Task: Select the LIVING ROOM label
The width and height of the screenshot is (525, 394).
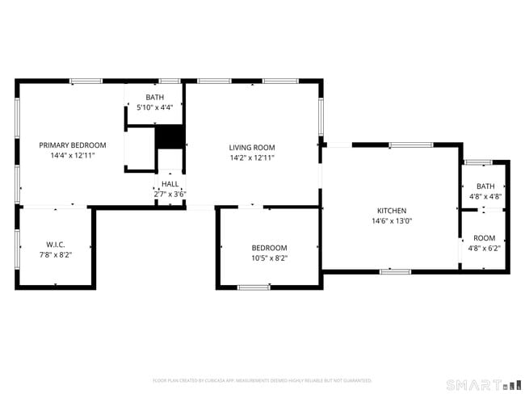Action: (252, 147)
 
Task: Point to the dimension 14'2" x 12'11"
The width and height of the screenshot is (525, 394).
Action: (252, 157)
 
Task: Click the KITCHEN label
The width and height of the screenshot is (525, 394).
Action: (391, 210)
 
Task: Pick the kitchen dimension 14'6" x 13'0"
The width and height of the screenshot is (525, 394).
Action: (391, 220)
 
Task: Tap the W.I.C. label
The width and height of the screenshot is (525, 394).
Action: (55, 244)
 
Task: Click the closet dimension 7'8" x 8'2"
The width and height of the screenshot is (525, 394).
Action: (55, 254)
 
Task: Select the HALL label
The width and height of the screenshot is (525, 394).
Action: (170, 184)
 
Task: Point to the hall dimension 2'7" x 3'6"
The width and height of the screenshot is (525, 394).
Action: (170, 194)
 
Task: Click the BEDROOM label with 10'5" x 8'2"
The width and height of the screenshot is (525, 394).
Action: (269, 248)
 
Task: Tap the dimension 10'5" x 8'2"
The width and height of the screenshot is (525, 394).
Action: (269, 258)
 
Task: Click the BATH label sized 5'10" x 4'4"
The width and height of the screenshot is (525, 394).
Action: (154, 97)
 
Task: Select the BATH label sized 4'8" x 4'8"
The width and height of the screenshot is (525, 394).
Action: (485, 186)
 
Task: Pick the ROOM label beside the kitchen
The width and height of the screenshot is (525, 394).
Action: (485, 238)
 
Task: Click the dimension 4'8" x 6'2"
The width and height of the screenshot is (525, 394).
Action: (485, 249)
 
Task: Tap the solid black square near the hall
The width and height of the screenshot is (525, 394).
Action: (169, 136)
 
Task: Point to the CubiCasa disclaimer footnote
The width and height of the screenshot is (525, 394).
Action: (262, 380)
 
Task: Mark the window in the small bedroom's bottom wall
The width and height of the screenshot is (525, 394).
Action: (254, 287)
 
